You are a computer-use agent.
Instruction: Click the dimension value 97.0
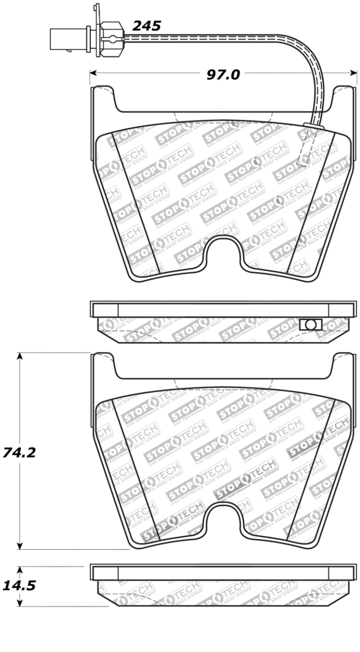point(223,74)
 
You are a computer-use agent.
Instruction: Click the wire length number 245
point(146,26)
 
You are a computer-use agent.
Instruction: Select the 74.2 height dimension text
point(18,452)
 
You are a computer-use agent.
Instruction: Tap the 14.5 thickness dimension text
point(18,585)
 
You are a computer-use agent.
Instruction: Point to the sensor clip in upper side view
point(310,324)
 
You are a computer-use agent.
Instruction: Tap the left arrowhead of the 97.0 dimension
point(94,72)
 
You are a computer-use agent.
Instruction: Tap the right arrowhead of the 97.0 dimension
point(353,72)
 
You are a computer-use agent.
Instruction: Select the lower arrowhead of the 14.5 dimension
point(19,603)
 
